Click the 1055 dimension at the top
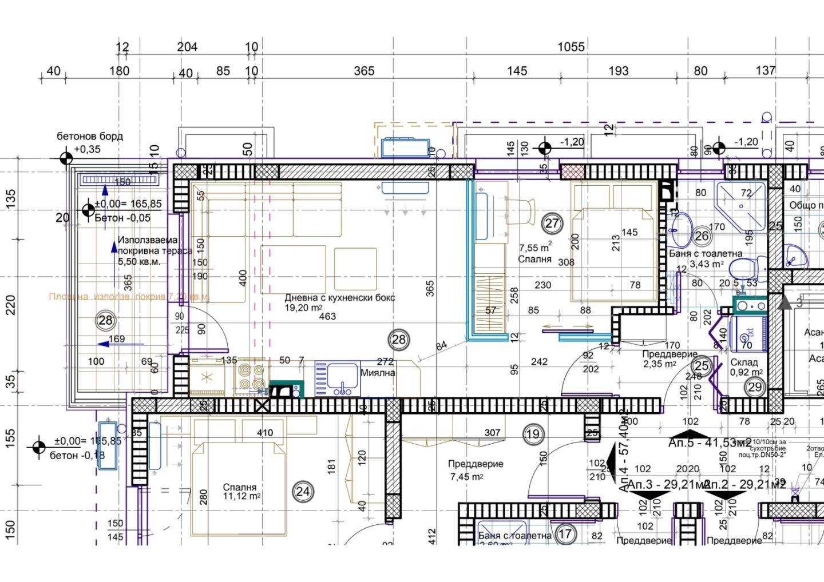coord(571,47)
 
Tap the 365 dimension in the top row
coord(364,71)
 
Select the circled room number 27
coord(552,223)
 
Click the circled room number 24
coord(303,491)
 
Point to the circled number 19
coord(533,434)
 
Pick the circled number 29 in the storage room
coord(755,387)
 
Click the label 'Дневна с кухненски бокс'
coord(340,298)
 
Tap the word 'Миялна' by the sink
coord(378,373)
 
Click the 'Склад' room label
coord(744,362)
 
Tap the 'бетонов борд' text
coord(90,136)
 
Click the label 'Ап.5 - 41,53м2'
coord(710,443)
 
